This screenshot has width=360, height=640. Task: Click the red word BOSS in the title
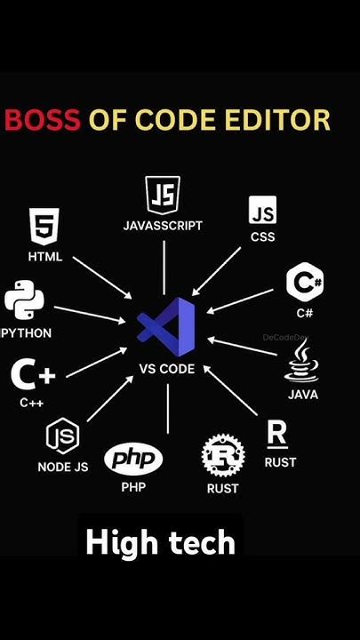(43, 120)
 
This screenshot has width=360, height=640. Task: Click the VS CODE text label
(167, 369)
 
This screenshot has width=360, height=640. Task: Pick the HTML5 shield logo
(44, 228)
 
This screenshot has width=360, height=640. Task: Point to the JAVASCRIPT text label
(163, 226)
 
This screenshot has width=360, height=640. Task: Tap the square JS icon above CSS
(262, 211)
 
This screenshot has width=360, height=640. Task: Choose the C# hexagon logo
(305, 283)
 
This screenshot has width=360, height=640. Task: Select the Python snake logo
(25, 301)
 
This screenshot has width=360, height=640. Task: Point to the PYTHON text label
(26, 333)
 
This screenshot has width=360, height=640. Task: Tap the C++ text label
(31, 402)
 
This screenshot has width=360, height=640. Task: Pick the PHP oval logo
(133, 460)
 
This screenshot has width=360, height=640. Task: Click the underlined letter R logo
(277, 435)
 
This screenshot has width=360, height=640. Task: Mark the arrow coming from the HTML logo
(102, 277)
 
